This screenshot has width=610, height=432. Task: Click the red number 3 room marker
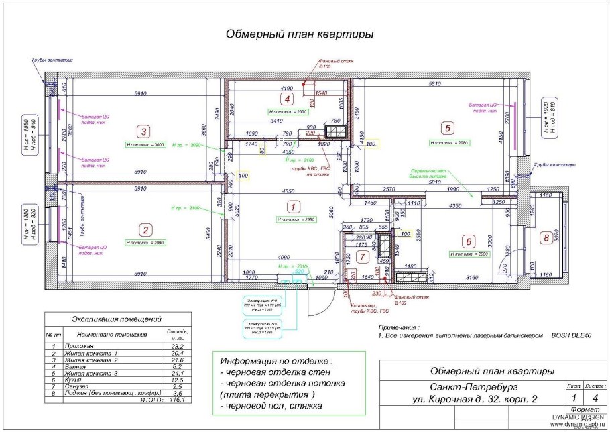click(142, 131)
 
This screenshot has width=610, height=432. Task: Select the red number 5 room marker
click(447, 127)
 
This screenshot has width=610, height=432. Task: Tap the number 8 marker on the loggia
click(546, 237)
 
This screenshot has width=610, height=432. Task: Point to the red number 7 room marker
click(363, 256)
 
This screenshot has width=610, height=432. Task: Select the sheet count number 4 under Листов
click(592, 399)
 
